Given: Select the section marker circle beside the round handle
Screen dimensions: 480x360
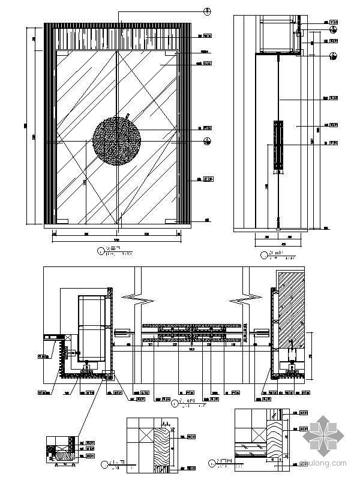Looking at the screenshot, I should [207, 142].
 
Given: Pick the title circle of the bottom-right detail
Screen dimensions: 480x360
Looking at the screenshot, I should [214, 463].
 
